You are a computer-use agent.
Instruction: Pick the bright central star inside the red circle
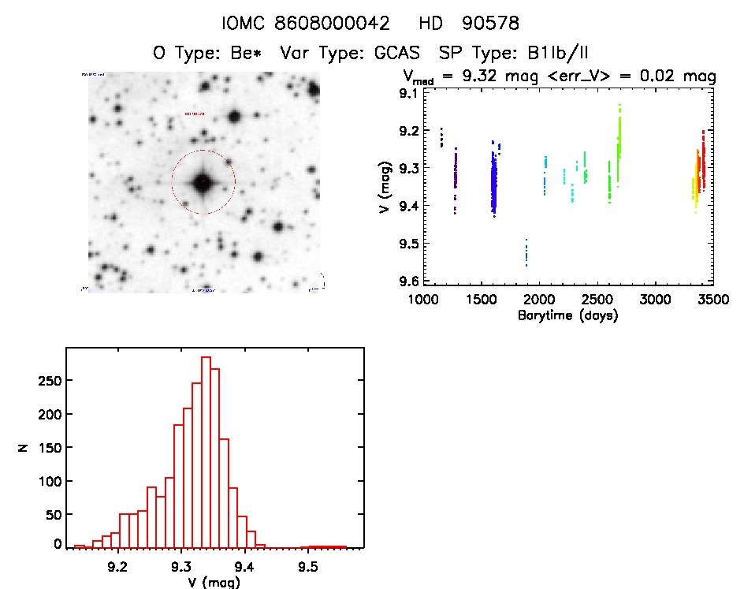(x=203, y=182)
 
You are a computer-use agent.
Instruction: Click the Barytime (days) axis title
(x=567, y=315)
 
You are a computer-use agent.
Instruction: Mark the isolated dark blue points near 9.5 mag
(x=526, y=252)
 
